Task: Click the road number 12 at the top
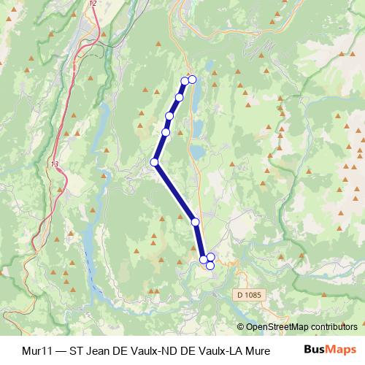click(92, 4)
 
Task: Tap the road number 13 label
click(55, 165)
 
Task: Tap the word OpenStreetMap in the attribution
click(279, 326)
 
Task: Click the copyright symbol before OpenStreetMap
click(241, 326)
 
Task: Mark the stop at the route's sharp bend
click(154, 162)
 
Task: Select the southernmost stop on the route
click(210, 265)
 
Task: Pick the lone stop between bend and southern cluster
click(195, 221)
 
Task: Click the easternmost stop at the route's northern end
click(193, 79)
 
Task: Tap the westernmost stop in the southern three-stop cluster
click(203, 259)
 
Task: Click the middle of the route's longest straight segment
click(174, 191)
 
